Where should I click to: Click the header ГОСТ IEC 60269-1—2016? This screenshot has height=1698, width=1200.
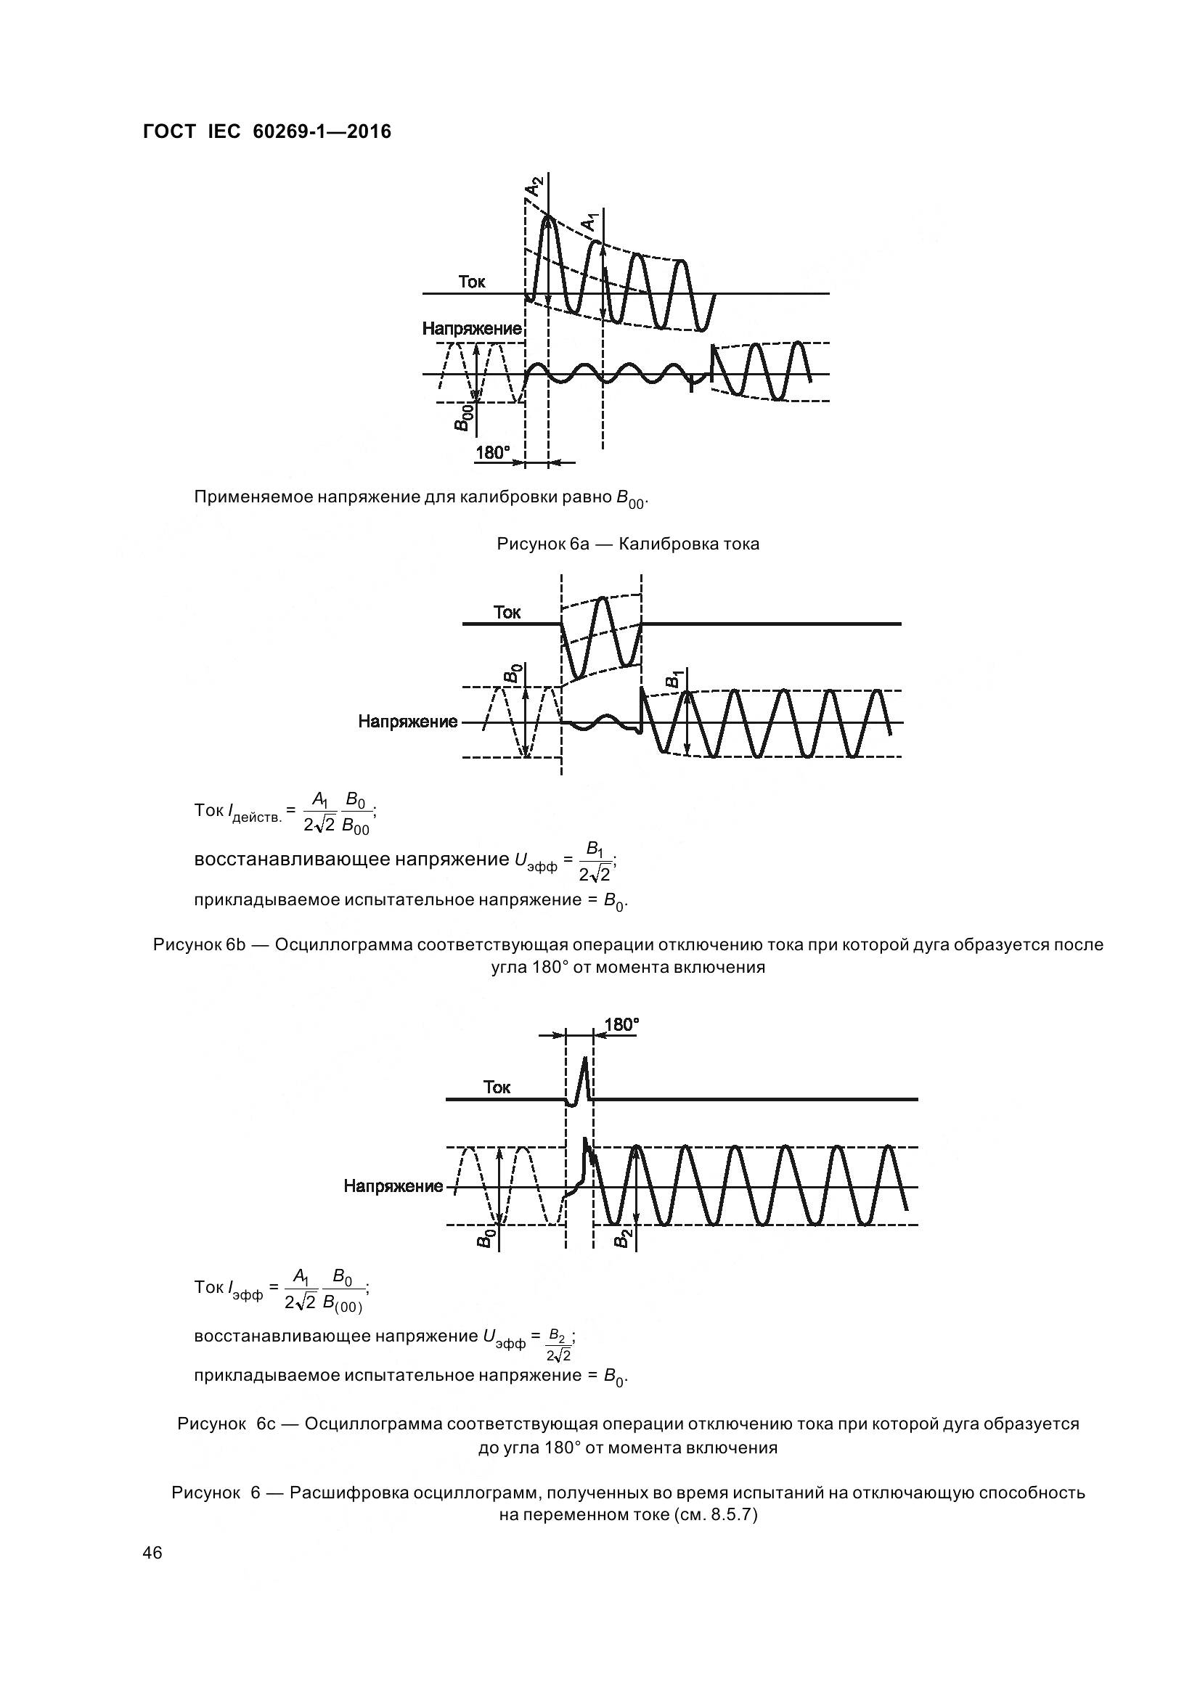click(266, 131)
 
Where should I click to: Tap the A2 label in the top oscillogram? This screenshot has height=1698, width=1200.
click(534, 187)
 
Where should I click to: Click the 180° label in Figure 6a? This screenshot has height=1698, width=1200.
click(492, 452)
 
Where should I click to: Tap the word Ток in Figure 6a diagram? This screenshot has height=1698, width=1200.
click(472, 282)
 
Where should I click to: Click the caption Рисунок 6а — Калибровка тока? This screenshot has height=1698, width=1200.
click(628, 544)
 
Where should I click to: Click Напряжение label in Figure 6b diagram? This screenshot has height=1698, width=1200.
click(408, 721)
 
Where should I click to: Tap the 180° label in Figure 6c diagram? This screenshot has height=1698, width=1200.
click(621, 1025)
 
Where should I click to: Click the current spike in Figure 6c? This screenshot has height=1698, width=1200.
click(584, 1079)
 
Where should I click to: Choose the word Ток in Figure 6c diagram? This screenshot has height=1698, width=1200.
click(497, 1087)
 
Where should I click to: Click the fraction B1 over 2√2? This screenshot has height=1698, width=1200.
click(595, 861)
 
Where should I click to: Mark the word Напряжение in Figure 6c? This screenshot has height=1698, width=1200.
click(393, 1186)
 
